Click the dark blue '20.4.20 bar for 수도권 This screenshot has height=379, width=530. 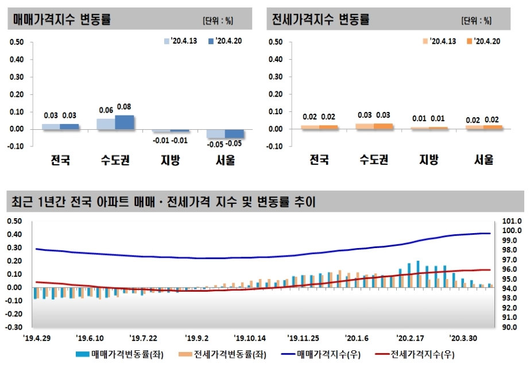(x=125, y=122)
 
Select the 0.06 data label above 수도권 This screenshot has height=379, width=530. (x=106, y=110)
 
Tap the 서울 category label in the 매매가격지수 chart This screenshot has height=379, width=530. (x=225, y=161)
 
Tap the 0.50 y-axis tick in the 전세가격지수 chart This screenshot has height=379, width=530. (x=276, y=42)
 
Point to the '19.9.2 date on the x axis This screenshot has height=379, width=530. (x=197, y=338)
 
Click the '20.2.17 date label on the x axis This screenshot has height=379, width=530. (x=410, y=338)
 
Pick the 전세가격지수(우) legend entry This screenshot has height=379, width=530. (x=415, y=354)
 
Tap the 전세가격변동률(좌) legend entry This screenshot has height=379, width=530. (x=221, y=354)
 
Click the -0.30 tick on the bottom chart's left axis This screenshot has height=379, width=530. (x=14, y=327)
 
